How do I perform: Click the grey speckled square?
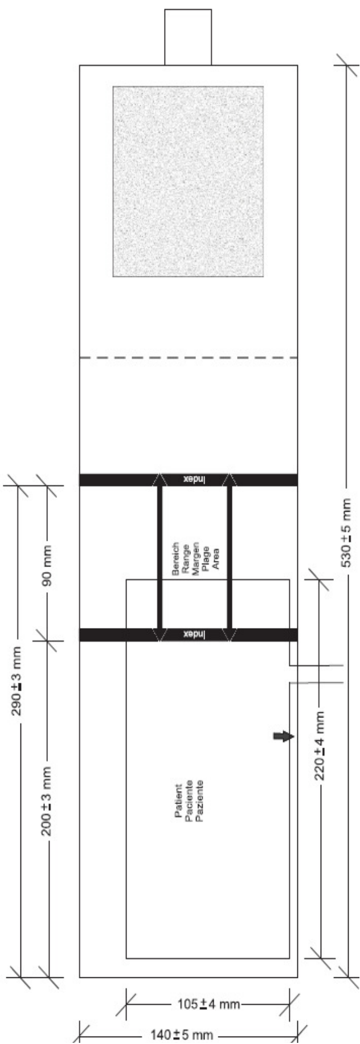(188, 181)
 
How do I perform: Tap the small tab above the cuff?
(188, 37)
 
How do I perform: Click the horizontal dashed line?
(188, 358)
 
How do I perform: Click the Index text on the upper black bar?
(194, 480)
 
